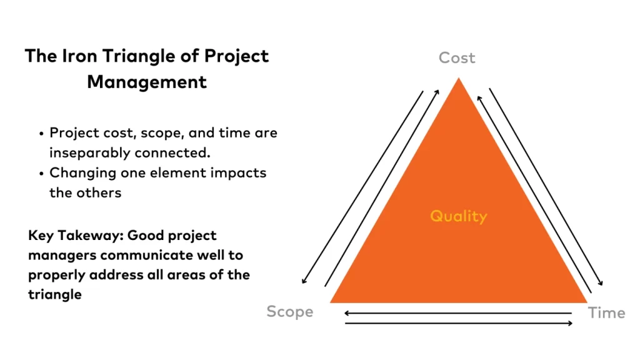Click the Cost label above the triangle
457,58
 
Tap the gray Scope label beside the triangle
290,311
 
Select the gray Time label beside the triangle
606,313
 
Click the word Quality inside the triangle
458,216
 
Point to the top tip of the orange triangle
458,78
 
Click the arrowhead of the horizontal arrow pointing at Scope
346,313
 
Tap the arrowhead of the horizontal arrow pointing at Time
570,323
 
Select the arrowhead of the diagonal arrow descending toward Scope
304,281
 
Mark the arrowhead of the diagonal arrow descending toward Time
601,282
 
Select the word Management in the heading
147,82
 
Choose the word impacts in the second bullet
238,173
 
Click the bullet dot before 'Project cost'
41,134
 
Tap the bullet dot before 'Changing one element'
41,174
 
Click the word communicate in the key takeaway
146,255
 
